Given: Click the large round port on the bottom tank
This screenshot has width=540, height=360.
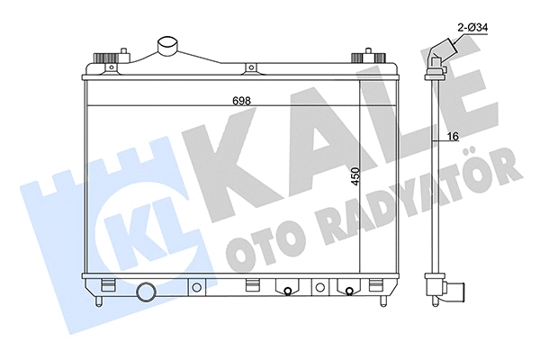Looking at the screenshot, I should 147,293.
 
